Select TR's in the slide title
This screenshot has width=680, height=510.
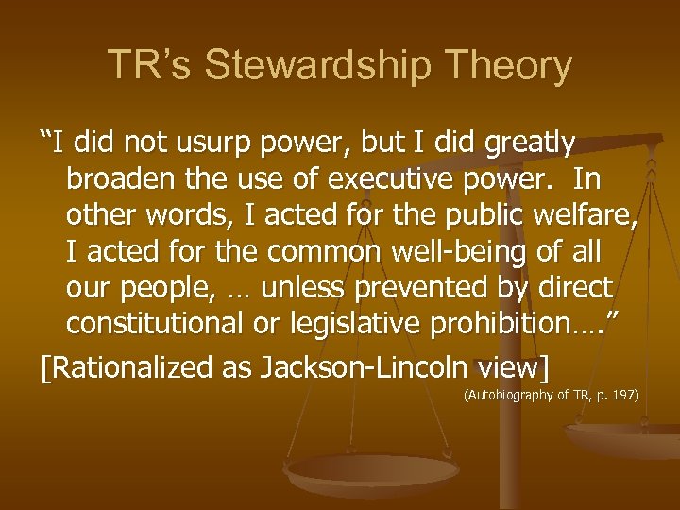151,66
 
